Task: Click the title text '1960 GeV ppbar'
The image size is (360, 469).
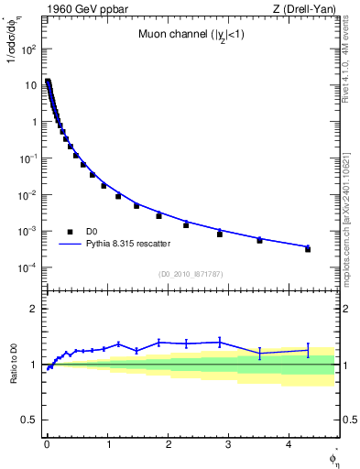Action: [x=80, y=10]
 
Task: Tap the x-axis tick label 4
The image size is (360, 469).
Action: [x=289, y=445]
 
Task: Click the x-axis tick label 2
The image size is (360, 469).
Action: [x=169, y=445]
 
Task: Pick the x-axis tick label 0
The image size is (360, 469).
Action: [x=47, y=445]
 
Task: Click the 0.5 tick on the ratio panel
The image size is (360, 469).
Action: [x=28, y=420]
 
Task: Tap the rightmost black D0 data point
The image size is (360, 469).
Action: [x=308, y=249]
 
